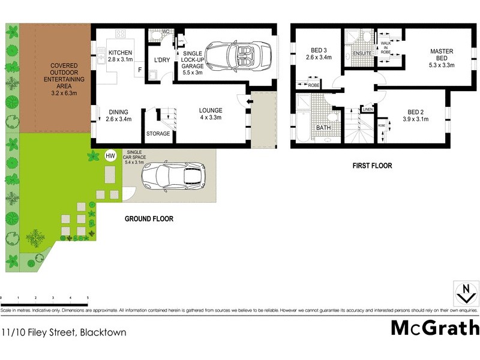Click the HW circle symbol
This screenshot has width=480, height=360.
[x=110, y=156]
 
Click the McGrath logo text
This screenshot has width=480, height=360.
[x=435, y=328]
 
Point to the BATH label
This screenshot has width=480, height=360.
[x=324, y=128]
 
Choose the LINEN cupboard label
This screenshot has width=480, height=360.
[x=368, y=109]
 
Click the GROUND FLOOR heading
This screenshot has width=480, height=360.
[x=149, y=219]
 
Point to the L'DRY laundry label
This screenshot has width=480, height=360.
[x=162, y=61]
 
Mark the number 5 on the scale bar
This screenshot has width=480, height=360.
[x=88, y=297]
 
